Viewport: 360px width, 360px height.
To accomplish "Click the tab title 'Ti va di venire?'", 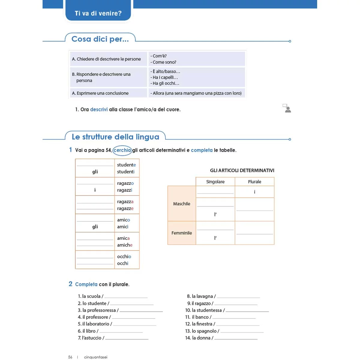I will tap(98, 13).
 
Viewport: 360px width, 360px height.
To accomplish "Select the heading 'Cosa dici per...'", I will tap(100, 39).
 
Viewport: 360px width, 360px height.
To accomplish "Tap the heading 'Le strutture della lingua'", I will tap(115, 137).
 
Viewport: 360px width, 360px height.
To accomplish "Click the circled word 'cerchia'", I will tap(122, 150).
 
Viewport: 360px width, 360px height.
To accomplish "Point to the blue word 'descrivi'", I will tap(99, 109).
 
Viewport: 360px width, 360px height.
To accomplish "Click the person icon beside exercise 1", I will tap(287, 108).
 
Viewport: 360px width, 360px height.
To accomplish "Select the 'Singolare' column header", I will tap(215, 182).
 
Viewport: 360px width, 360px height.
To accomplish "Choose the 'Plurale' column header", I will tap(254, 182).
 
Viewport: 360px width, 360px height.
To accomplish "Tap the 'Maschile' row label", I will tap(181, 204).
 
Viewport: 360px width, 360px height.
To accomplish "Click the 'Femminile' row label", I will tap(181, 233).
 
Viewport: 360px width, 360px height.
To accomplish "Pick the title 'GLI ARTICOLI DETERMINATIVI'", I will tap(242, 170).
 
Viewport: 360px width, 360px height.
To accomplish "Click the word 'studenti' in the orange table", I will tap(126, 172).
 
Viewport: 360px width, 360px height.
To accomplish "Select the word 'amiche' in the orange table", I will tap(124, 245).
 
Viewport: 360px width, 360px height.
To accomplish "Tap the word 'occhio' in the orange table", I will tap(124, 256).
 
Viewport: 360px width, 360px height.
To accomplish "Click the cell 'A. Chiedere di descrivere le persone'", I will tap(106, 59).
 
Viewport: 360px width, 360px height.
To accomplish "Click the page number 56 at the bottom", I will tap(70, 357).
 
